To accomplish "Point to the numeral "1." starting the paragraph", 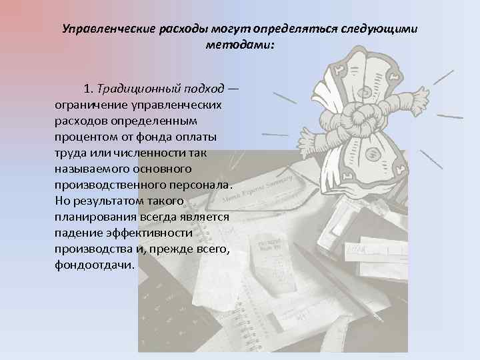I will tap(89, 89).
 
